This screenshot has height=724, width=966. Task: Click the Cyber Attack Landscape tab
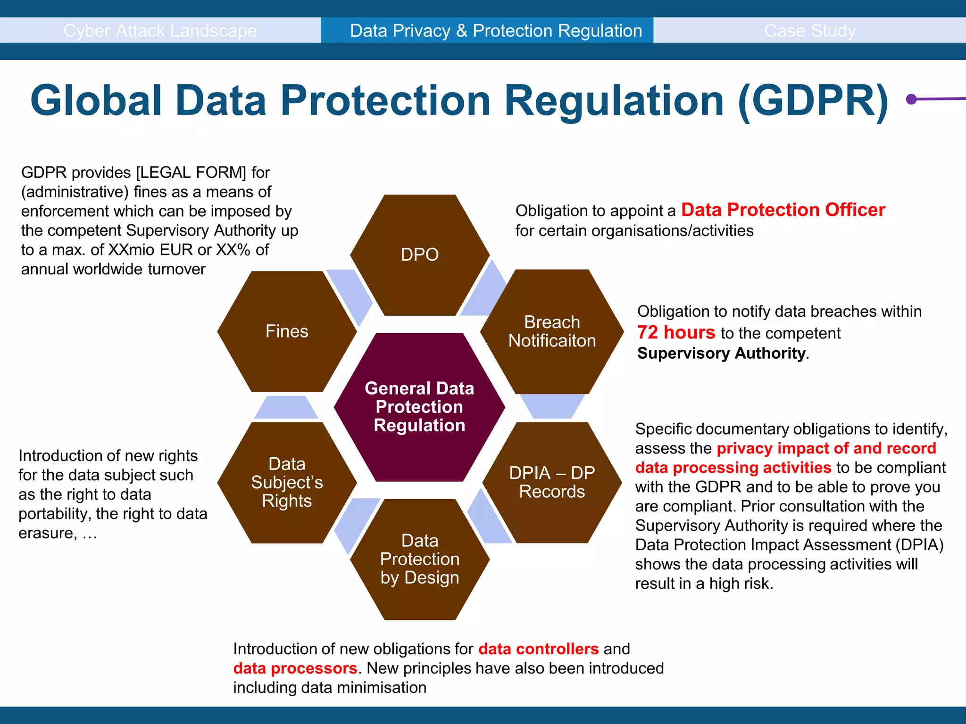(x=160, y=31)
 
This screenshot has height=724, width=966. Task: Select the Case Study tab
(x=809, y=31)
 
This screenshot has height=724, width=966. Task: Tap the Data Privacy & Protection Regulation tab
(x=496, y=31)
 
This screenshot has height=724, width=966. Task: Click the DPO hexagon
(x=419, y=255)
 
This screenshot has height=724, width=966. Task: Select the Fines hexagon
(x=287, y=331)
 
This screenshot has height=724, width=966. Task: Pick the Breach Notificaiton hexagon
(x=552, y=331)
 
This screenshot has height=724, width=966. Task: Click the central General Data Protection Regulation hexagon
(x=419, y=407)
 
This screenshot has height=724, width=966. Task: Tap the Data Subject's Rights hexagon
(x=287, y=482)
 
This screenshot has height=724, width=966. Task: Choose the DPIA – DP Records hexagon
(x=552, y=482)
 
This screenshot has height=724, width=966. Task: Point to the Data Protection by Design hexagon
(x=419, y=559)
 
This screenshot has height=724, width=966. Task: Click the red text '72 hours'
(x=676, y=333)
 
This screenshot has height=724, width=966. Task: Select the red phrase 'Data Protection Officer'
(x=783, y=210)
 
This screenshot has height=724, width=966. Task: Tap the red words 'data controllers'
(x=538, y=649)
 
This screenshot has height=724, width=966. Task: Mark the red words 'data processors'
(x=295, y=668)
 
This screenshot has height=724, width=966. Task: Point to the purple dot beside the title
(x=911, y=99)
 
